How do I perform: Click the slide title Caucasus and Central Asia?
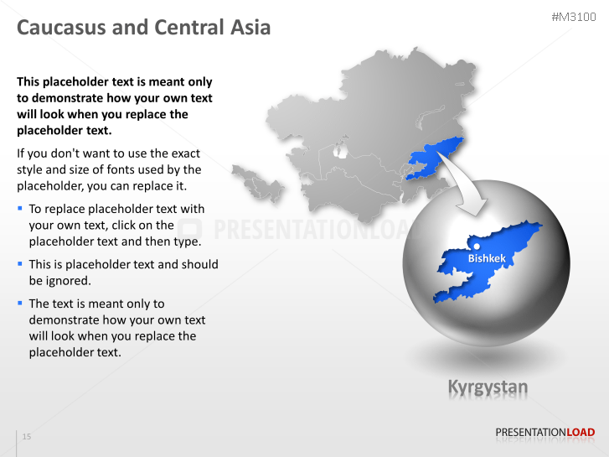[x=143, y=28]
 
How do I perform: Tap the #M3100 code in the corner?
[x=573, y=17]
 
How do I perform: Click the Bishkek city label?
[x=487, y=258]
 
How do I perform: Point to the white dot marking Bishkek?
[x=477, y=246]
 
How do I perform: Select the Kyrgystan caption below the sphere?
[x=488, y=387]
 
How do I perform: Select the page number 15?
[x=27, y=437]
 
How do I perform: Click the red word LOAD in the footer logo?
[x=581, y=433]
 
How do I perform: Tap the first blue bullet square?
[x=20, y=208]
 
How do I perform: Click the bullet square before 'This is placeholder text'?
[x=20, y=263]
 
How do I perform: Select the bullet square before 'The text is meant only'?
[x=20, y=303]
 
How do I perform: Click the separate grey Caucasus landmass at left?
[x=251, y=179]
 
